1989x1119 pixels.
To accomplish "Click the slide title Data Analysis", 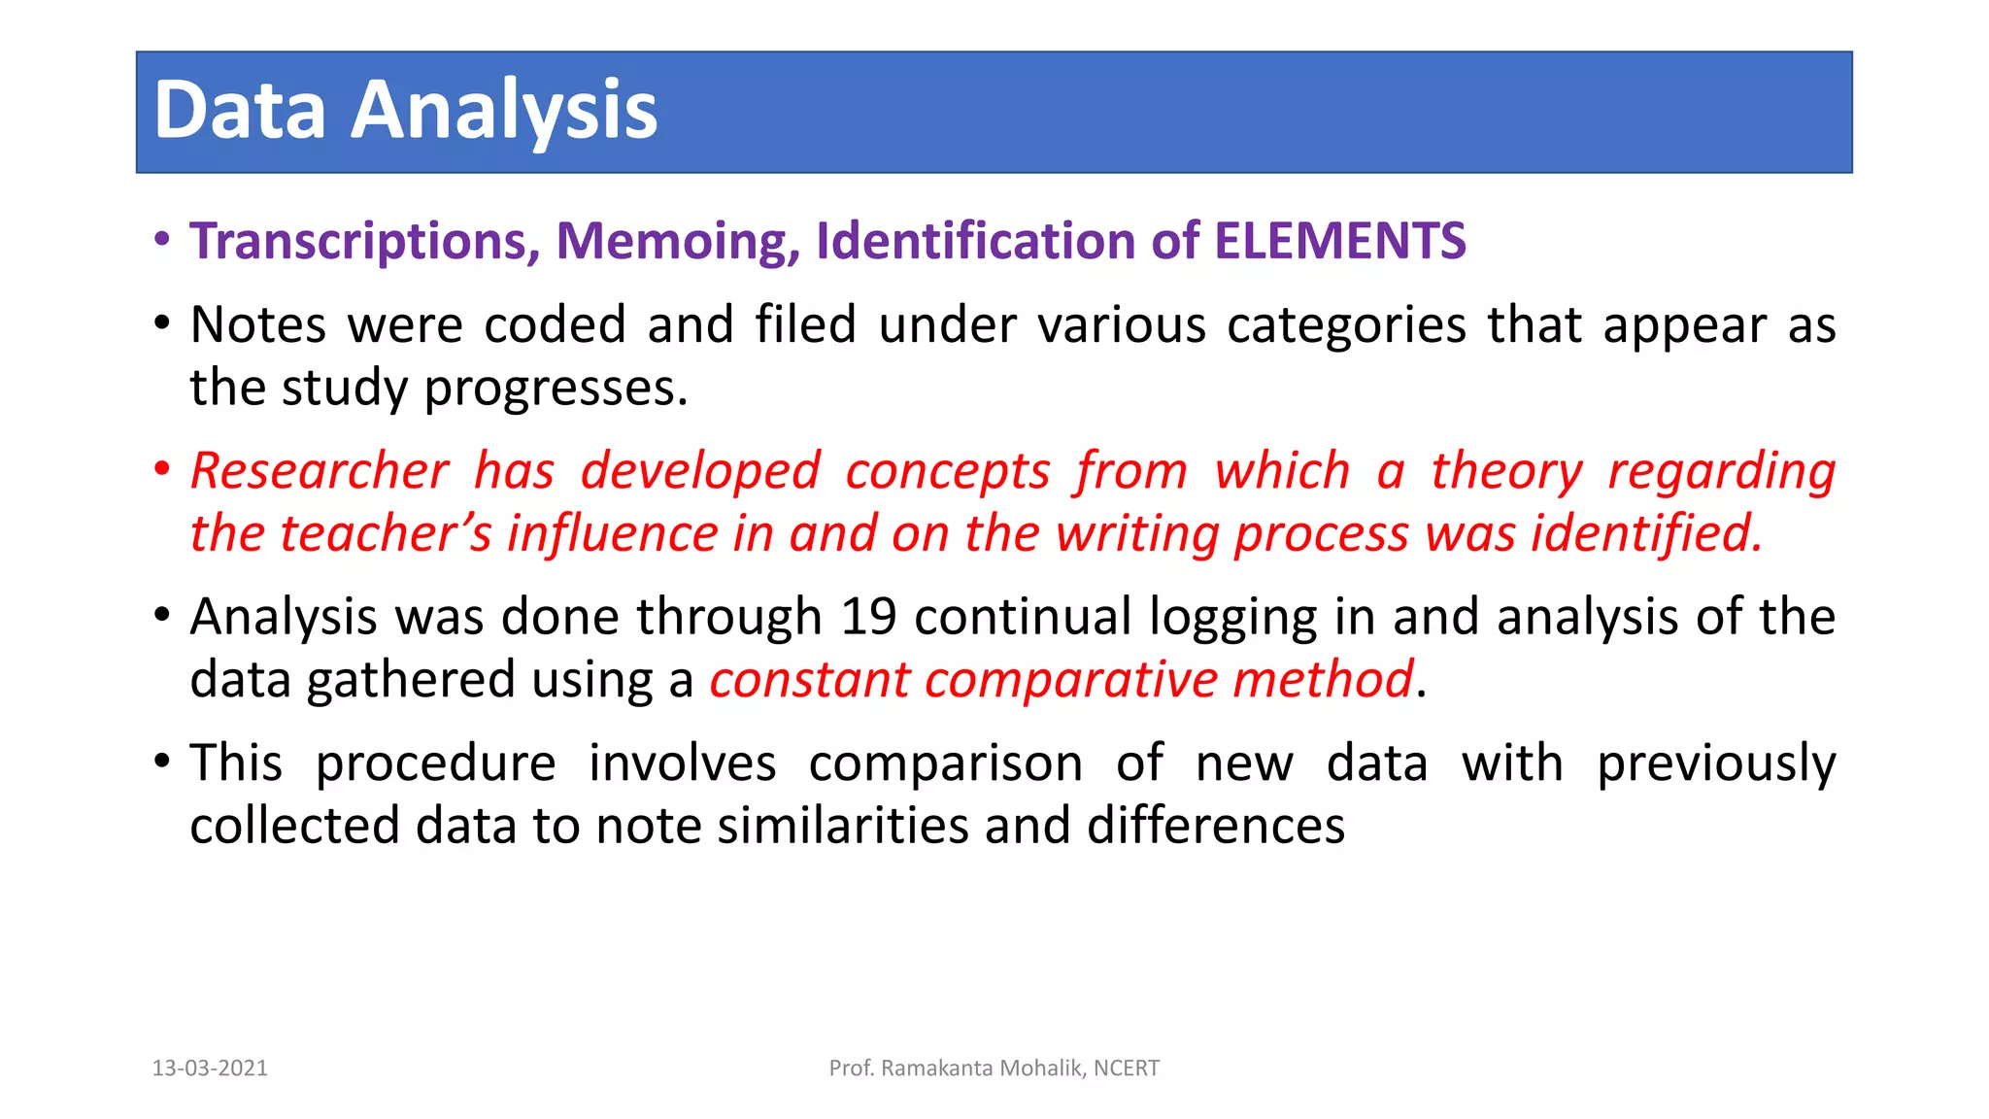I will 405,111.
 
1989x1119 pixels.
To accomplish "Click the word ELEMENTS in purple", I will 1340,241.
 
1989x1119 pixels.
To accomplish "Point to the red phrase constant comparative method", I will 1061,679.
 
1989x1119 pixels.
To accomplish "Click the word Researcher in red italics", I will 320,471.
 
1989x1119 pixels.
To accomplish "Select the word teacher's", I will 386,534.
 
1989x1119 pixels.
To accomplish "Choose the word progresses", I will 556,389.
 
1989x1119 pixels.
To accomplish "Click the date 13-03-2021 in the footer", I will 210,1068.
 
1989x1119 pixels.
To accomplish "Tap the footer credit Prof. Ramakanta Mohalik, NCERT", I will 994,1068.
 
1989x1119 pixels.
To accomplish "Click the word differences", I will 1216,827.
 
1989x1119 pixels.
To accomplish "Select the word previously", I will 1716,763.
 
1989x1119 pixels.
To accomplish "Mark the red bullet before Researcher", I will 162,470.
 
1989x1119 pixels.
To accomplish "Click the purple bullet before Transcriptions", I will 162,240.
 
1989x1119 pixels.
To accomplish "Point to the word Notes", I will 258,325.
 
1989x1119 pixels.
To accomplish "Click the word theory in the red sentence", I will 1506,472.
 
